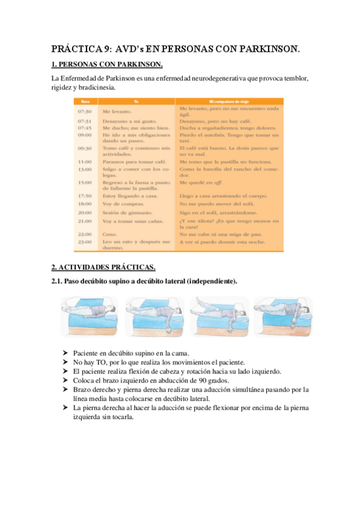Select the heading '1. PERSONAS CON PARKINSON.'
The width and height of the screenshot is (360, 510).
tap(107, 65)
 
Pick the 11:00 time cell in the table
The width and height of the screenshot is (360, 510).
tap(85, 162)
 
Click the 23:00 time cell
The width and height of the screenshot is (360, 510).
tap(85, 242)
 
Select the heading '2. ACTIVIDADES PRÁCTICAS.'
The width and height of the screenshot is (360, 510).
tap(103, 267)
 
